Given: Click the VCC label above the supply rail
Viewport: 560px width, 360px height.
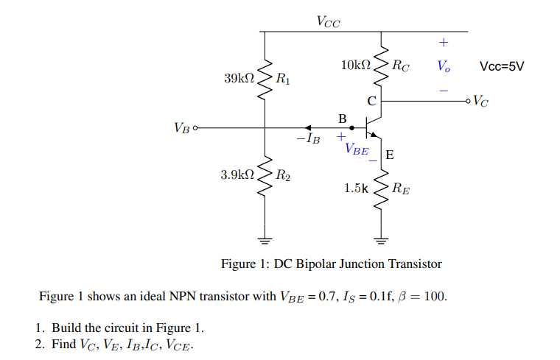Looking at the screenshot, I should coord(328,21).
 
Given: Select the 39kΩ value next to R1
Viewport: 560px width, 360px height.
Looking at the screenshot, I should coord(239,77).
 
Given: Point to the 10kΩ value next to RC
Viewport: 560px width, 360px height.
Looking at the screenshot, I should coord(356,66).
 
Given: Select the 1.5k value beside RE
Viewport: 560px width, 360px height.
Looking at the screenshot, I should coord(356,188).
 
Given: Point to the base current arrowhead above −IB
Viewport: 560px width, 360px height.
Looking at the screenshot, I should coord(308,127).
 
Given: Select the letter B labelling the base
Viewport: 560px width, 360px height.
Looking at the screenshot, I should coord(342,118).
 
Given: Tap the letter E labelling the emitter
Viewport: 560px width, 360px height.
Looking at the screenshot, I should coord(389,155).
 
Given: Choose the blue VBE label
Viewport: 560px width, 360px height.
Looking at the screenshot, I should coord(357,149).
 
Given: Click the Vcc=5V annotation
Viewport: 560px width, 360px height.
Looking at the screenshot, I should coord(501,66).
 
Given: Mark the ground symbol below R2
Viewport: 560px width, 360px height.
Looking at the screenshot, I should coord(264,239).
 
